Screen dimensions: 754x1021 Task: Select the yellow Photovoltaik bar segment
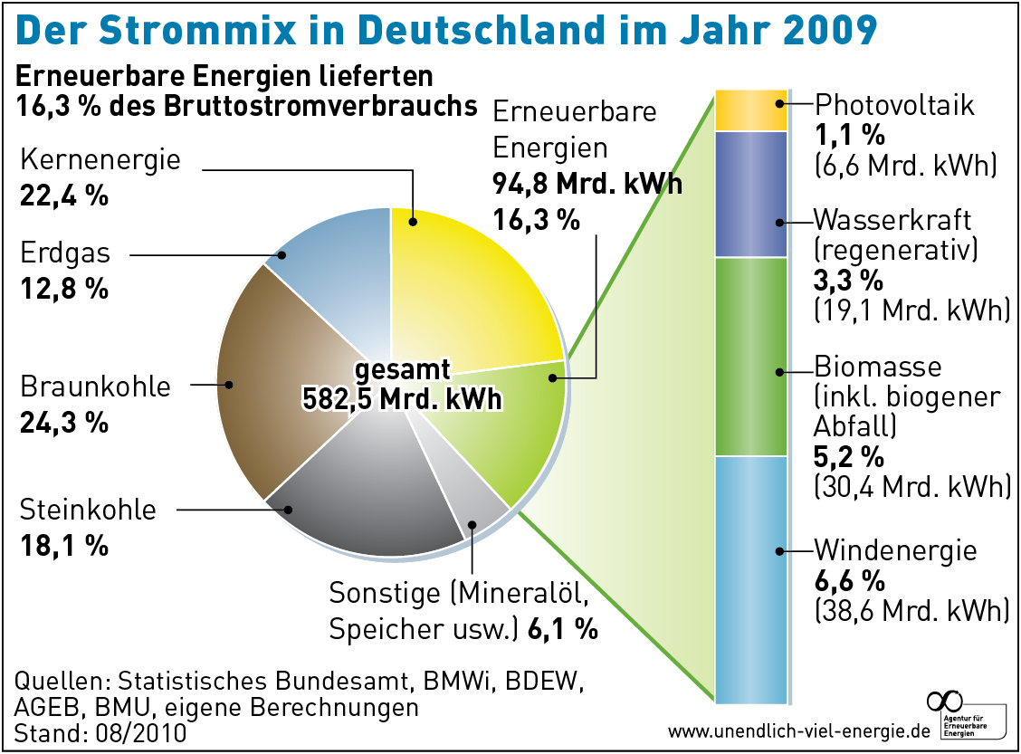(x=750, y=110)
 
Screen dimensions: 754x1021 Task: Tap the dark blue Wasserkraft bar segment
(x=750, y=195)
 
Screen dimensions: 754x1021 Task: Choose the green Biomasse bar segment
(x=750, y=358)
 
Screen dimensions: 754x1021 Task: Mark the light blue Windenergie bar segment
(x=750, y=579)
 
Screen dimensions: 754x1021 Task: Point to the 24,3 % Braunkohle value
(x=64, y=422)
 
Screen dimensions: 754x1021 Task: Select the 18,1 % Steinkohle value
(x=64, y=546)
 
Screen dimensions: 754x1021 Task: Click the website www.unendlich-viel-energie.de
(x=799, y=730)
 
